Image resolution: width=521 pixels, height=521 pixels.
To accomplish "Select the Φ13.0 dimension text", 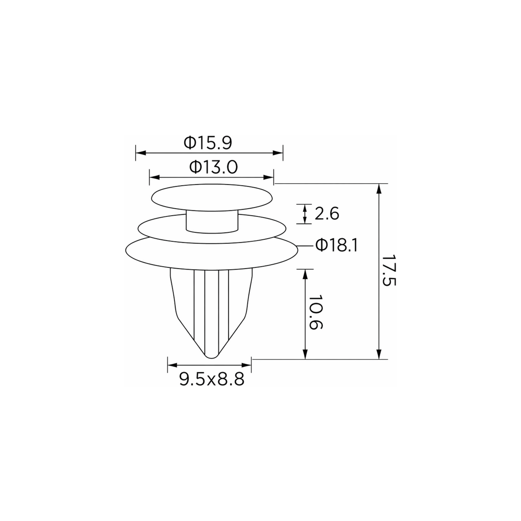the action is [x=213, y=167].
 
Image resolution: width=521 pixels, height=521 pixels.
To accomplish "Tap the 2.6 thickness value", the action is [x=327, y=214].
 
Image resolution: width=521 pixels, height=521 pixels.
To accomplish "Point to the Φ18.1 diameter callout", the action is [x=337, y=246].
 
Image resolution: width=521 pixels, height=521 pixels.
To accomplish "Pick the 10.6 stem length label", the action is [x=315, y=312].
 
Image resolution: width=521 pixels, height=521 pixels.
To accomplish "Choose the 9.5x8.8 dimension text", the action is [x=212, y=379].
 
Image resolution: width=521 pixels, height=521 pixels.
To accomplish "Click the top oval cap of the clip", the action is [x=212, y=197].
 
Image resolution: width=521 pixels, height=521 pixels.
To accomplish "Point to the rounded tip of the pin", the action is [x=212, y=356].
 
